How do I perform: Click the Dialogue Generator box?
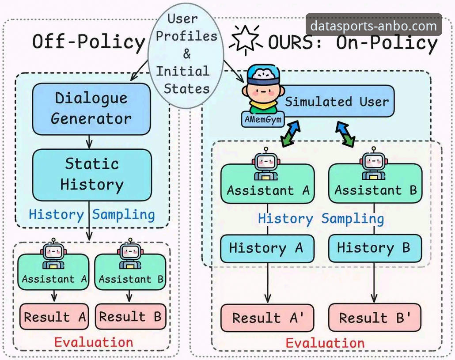click(x=91, y=109)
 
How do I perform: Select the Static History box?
click(x=92, y=175)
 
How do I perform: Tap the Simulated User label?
click(x=337, y=102)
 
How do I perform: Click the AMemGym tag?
click(x=263, y=120)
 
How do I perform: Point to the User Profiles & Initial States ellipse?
click(x=186, y=55)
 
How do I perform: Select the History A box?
click(x=267, y=249)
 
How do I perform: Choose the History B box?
click(x=375, y=248)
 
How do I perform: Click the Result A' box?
click(x=267, y=318)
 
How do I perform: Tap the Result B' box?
click(x=375, y=318)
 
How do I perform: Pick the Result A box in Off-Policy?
click(x=54, y=317)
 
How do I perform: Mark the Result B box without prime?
click(x=131, y=316)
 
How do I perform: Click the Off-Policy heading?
click(x=88, y=42)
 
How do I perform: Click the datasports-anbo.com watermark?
click(x=374, y=26)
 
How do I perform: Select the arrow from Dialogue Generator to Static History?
click(x=89, y=142)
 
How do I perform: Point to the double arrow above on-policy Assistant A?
click(x=291, y=134)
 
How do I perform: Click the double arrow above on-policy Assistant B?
click(x=345, y=134)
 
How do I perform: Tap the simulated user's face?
click(x=262, y=91)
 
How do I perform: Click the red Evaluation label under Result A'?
click(x=325, y=343)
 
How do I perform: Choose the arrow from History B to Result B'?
click(x=374, y=283)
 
